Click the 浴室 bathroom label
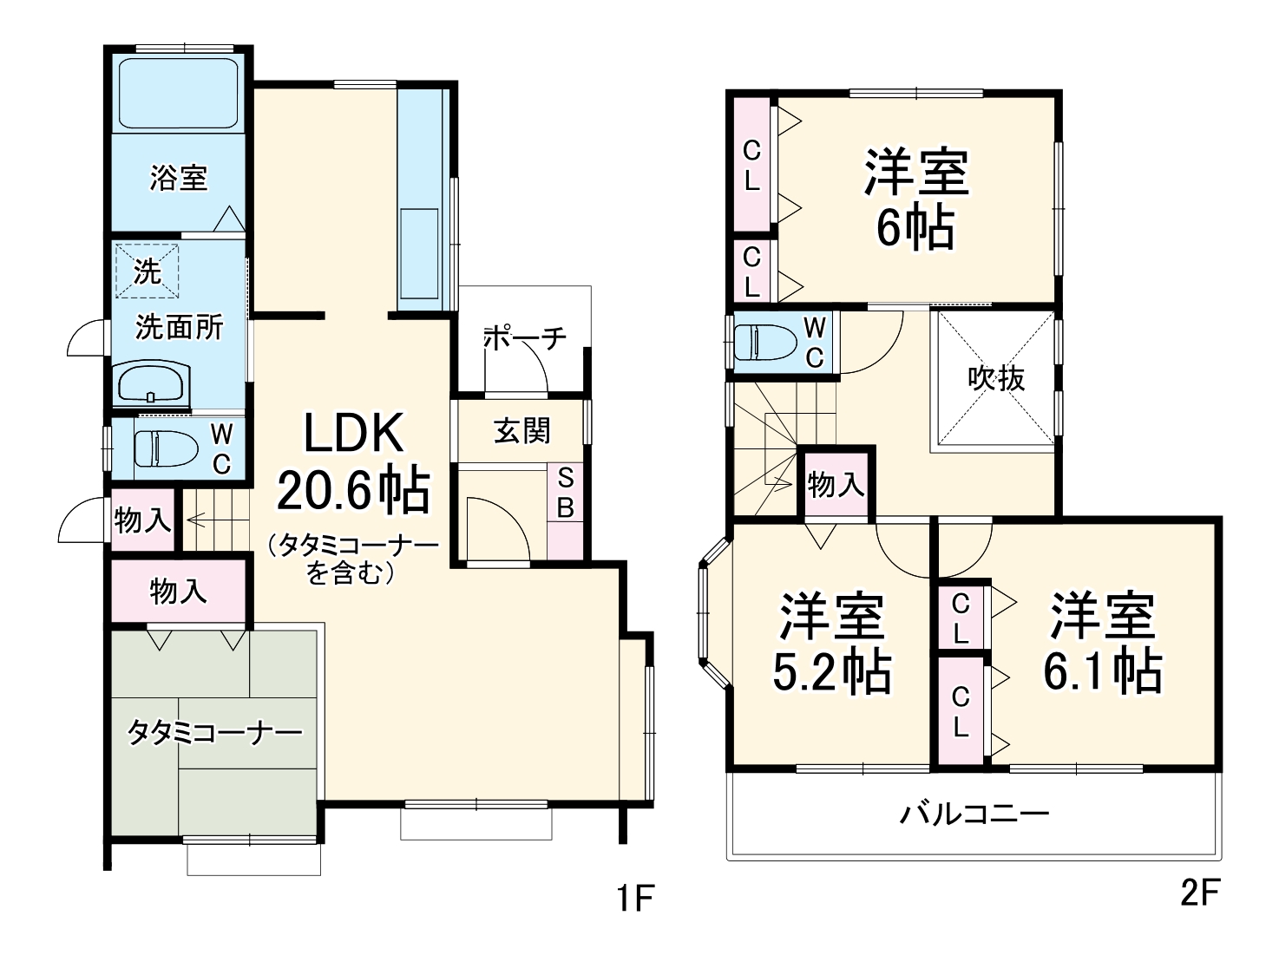[178, 179]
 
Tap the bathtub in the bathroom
[178, 94]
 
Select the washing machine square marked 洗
[147, 271]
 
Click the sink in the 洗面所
[152, 383]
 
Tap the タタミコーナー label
[214, 733]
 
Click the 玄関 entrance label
[521, 430]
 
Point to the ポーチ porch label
[524, 337]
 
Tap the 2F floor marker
[1200, 893]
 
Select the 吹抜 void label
[996, 377]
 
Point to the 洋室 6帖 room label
[915, 199]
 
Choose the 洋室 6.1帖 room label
[1102, 642]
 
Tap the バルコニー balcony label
[974, 814]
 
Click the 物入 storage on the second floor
[836, 485]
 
